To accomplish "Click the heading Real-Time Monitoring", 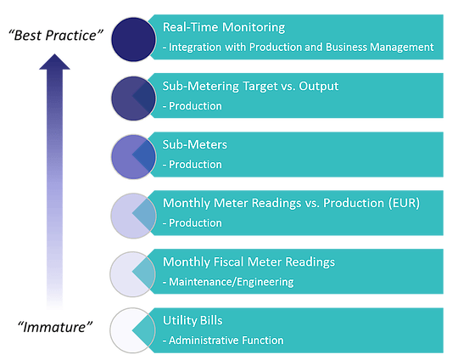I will [x=224, y=28].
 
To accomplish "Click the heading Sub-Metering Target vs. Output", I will [x=250, y=87].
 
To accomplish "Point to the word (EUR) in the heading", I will [x=402, y=204].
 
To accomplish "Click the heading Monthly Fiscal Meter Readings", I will [x=249, y=262].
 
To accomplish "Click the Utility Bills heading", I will [x=193, y=321].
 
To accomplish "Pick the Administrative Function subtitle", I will [x=223, y=340].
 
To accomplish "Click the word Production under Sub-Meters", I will [x=196, y=165].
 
